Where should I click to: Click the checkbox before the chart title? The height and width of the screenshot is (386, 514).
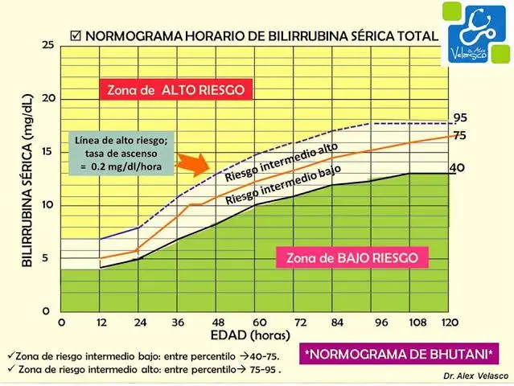(x=76, y=36)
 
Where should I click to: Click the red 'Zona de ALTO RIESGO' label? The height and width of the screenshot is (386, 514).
(x=176, y=90)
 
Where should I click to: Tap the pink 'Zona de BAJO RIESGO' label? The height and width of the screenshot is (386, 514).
(x=352, y=258)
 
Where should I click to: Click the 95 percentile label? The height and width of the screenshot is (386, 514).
(x=459, y=117)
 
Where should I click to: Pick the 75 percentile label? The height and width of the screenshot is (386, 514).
(x=459, y=136)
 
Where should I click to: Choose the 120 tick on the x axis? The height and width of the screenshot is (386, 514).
(x=449, y=322)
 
